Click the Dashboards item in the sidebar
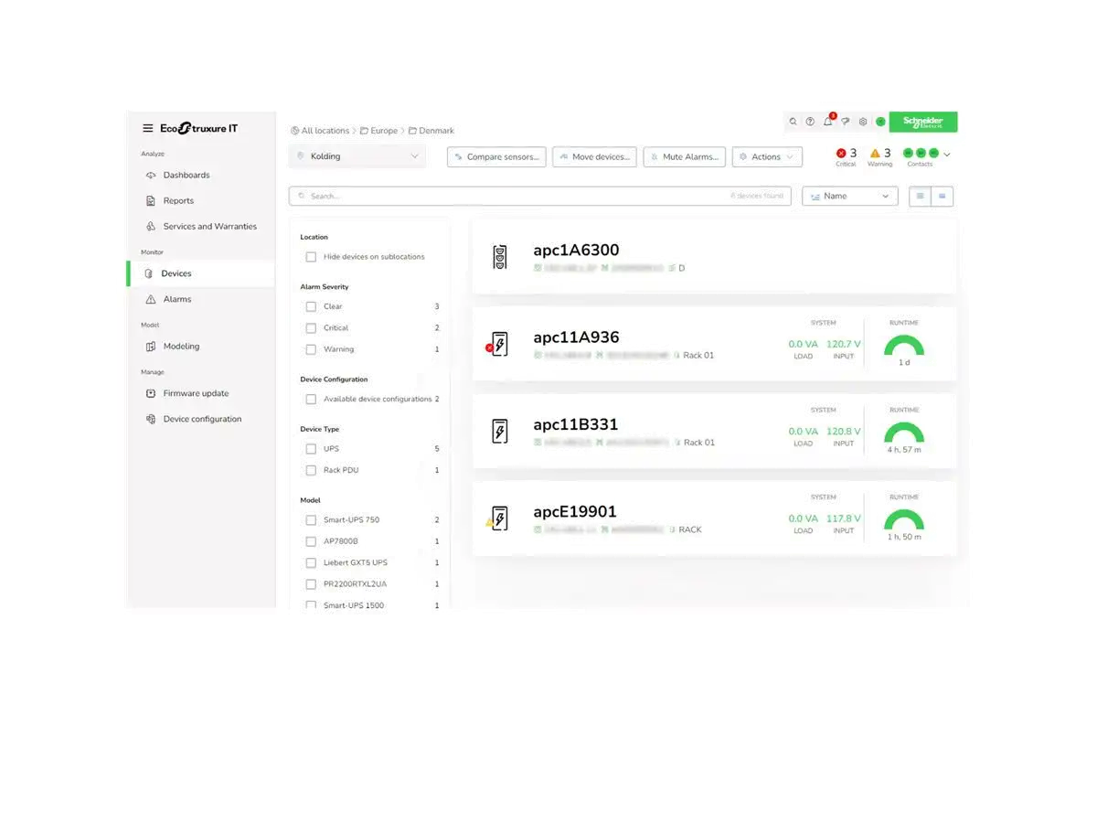[x=186, y=175]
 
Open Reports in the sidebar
[x=178, y=200]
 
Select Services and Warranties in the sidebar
[x=209, y=226]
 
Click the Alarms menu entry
[x=176, y=299]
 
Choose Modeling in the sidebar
[x=181, y=347]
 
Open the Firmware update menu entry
[x=196, y=393]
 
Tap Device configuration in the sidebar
[x=202, y=419]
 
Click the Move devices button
[x=594, y=157]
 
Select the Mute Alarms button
[x=685, y=157]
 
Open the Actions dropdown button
[x=767, y=157]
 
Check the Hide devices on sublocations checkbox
[x=311, y=257]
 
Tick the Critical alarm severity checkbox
[x=311, y=327]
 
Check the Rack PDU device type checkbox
[x=311, y=470]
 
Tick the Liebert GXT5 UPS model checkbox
[x=311, y=562]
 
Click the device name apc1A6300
[x=576, y=250]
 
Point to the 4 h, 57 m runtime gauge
[x=904, y=435]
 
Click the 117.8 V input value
[x=843, y=518]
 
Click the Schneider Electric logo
[x=922, y=122]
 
